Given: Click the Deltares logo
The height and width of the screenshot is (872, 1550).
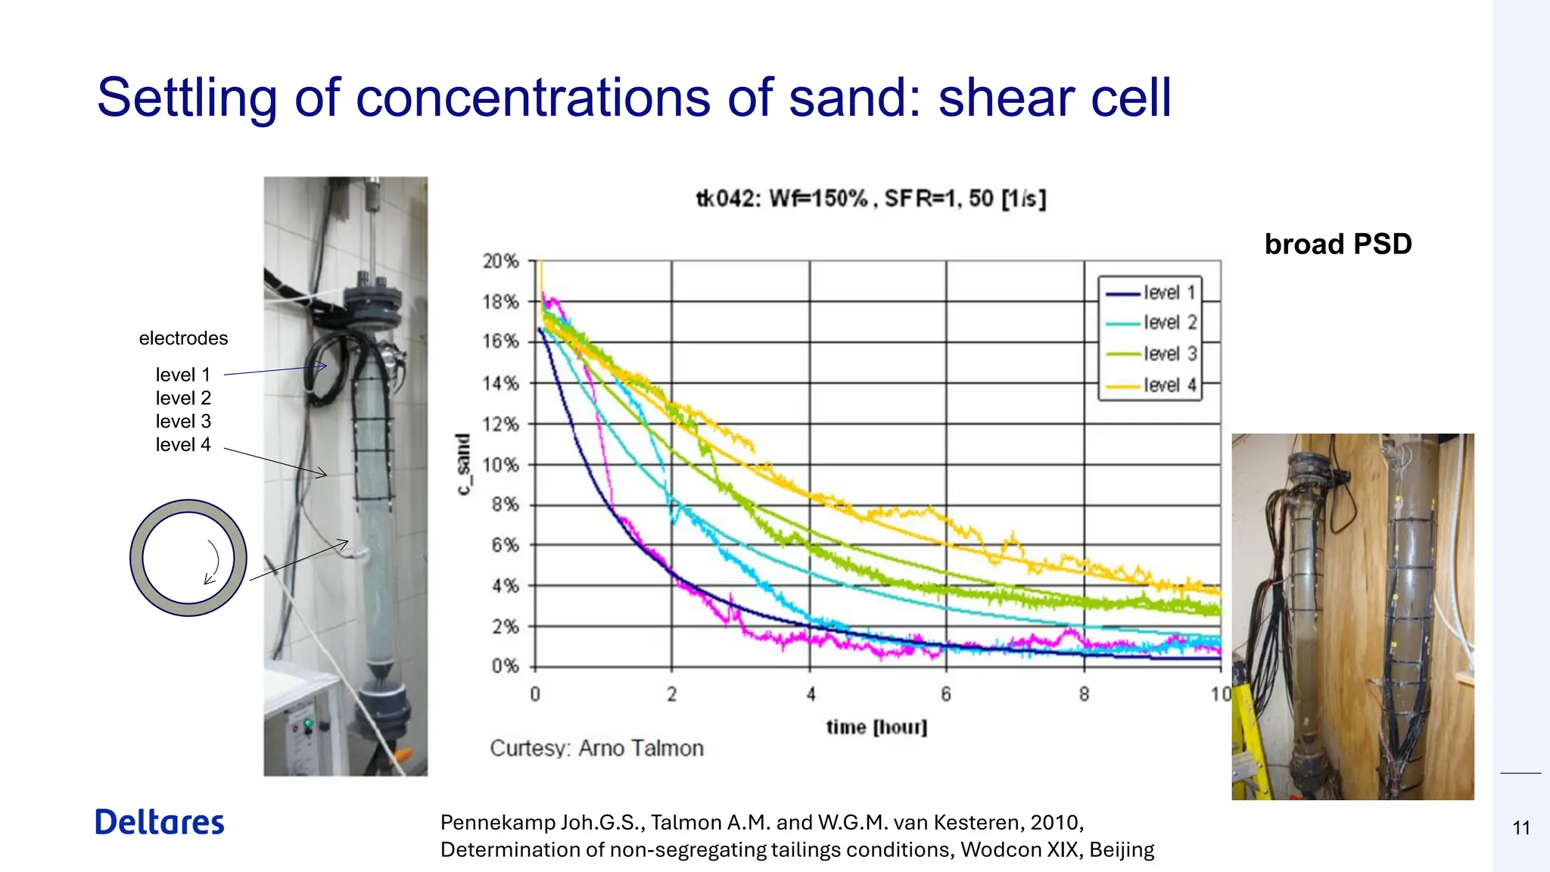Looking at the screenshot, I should pos(160,823).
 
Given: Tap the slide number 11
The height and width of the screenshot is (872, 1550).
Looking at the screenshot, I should pos(1521,828).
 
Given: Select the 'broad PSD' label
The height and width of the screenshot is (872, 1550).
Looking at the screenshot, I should pos(1337,244).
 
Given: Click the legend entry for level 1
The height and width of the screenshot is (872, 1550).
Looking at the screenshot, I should pos(1150,293).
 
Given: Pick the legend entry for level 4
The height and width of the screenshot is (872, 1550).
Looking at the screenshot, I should pos(1150,385).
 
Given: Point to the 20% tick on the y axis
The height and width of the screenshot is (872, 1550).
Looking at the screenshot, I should pos(500,262).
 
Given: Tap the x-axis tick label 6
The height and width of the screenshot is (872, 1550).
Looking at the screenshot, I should pos(946,694).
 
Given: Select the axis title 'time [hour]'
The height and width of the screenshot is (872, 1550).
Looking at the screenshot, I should pos(876,727).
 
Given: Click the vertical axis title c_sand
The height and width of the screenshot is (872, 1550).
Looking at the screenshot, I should pos(463,465).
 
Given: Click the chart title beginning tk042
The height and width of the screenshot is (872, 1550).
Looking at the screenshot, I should pos(870,199).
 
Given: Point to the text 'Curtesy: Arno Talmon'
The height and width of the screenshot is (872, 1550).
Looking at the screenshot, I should pos(596,749).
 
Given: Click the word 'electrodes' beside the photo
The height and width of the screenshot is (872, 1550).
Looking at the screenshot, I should pos(183,338).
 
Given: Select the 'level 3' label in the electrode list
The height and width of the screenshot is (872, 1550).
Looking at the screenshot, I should pos(183,422).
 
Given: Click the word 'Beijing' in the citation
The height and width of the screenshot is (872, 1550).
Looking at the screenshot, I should pos(1122,850).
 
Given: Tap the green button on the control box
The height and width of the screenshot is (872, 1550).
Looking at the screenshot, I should pos(307,724).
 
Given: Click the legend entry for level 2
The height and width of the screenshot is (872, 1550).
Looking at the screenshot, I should pos(1150,323).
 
